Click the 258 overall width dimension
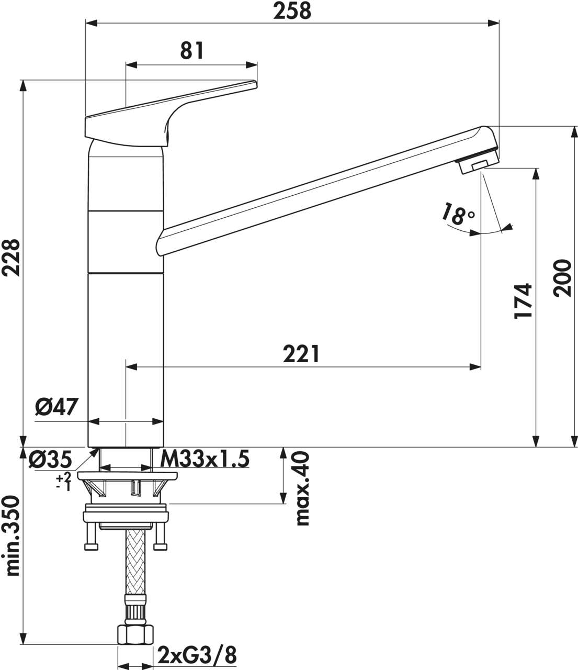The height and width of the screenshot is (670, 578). pos(292,10)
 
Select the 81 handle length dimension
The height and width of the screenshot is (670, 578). pos(191,51)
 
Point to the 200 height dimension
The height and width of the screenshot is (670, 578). pos(563,278)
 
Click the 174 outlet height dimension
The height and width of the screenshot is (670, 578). pos(523,301)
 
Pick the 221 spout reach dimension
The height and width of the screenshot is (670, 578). pos(301,354)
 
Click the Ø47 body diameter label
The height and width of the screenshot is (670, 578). pos(56,407)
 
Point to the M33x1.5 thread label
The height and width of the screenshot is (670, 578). pos(204,459)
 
